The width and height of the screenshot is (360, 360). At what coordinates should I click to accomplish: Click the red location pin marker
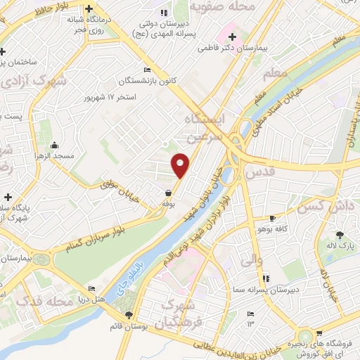click(x=181, y=165)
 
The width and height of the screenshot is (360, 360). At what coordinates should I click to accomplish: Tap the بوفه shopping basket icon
click(x=169, y=193)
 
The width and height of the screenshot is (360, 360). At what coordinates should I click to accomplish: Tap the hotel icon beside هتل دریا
click(x=91, y=290)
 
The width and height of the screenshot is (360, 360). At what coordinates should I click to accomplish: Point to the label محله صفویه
click(x=243, y=8)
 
